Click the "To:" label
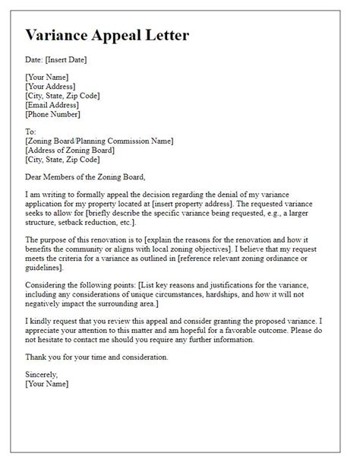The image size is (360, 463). [32, 131]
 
